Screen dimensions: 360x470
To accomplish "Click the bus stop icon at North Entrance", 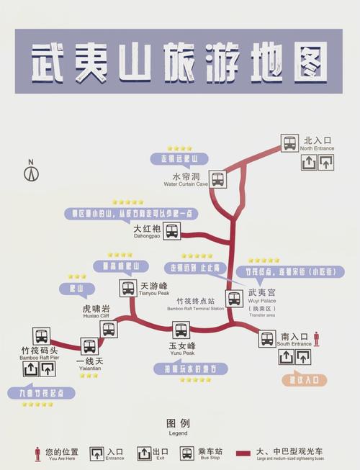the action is (289, 143).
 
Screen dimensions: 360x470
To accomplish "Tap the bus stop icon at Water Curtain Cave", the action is (217, 179).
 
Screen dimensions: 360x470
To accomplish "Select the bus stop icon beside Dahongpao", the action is (171, 231).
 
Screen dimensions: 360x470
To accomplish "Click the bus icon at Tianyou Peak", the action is (128, 288).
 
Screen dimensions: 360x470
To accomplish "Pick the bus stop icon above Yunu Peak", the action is (181, 330).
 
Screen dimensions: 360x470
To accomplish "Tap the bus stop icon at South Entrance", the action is (267, 338).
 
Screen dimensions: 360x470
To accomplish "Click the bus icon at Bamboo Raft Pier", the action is (42, 336).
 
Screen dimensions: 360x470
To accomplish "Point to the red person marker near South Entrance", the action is (315, 338).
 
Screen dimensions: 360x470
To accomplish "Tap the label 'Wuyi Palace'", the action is (261, 302).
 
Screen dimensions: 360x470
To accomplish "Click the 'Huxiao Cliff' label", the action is (96, 315).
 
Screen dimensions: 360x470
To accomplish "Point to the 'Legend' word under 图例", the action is (177, 433).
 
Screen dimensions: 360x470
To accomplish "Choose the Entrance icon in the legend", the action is (96, 454).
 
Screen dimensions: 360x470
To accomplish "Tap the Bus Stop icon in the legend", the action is (187, 454).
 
